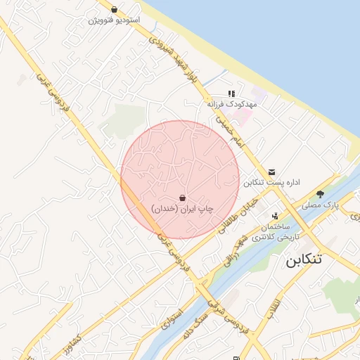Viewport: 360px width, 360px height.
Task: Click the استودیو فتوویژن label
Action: (114, 20)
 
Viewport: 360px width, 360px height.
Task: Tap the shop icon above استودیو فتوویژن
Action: (114, 10)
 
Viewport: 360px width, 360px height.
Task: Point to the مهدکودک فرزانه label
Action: (232, 103)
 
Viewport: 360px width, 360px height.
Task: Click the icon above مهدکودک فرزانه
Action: (231, 94)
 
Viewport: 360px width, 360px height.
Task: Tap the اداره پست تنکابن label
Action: (272, 182)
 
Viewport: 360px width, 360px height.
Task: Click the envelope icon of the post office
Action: (272, 172)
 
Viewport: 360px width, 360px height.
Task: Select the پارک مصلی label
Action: (321, 205)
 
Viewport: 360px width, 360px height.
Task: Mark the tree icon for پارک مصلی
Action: (320, 194)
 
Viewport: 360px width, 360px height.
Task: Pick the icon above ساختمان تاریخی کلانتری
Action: (275, 216)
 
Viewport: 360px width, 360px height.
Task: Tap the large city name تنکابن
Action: (304, 259)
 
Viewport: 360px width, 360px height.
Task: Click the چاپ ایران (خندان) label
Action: (183, 209)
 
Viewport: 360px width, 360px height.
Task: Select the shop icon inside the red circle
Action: (183, 198)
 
